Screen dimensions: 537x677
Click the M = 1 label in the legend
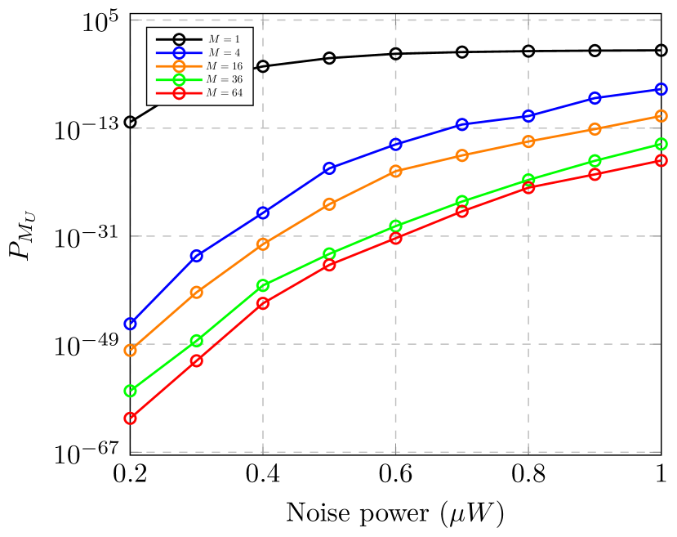224,39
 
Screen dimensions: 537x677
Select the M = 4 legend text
224,52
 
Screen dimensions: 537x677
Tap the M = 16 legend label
224,66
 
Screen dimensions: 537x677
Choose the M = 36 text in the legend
224,79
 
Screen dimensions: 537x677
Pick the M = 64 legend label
224,93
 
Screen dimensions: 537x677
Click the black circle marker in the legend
179,39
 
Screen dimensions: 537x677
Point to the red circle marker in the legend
179,93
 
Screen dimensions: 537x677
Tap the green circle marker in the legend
179,79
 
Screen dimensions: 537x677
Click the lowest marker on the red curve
130,418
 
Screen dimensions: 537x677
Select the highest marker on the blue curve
661,89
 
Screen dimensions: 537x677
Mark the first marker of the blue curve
130,324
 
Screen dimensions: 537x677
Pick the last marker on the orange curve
661,116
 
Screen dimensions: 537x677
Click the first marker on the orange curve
130,351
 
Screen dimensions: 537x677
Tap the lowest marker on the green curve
130,391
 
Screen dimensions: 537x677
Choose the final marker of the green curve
661,144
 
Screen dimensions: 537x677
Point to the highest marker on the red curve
661,160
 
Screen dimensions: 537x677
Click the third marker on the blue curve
263,213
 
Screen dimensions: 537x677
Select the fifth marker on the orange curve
396,171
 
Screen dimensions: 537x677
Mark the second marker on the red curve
197,360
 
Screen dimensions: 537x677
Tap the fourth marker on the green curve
329,254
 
